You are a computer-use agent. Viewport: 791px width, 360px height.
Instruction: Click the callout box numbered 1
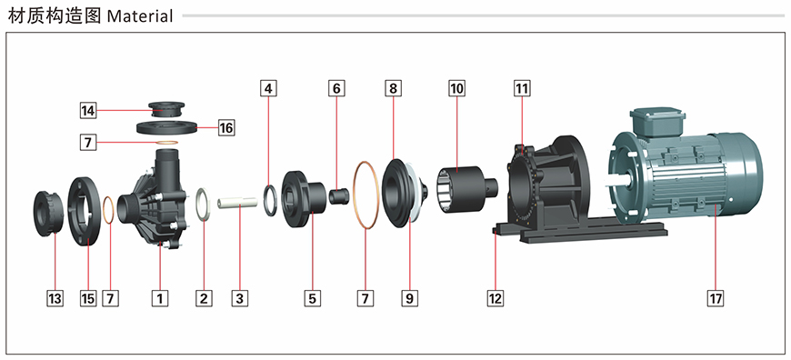coord(160,298)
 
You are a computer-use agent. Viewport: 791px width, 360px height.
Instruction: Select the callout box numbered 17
coord(716,298)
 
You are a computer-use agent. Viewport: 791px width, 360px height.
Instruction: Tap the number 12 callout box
coord(496,298)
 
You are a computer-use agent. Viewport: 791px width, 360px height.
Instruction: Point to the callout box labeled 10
coord(457,89)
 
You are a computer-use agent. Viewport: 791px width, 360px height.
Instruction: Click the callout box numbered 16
coord(226,128)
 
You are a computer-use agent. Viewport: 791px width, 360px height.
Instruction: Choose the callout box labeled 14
coord(88,110)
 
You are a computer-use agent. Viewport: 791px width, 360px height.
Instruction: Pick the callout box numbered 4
coord(268,89)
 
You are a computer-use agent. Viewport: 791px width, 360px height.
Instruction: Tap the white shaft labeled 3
coord(237,204)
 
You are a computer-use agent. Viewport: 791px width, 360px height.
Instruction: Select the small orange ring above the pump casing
coord(167,143)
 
